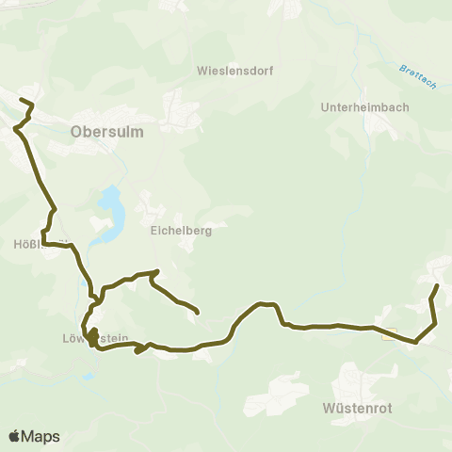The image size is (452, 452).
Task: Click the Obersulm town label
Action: tap(107, 132)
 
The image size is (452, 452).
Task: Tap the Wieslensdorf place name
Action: tap(234, 70)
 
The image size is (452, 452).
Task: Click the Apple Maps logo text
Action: tap(40, 437)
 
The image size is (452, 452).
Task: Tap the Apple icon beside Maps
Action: tap(15, 436)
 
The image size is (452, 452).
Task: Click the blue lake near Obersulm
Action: tap(111, 209)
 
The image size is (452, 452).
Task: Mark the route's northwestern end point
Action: tap(21, 99)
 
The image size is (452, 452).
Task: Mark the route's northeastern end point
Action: tap(438, 283)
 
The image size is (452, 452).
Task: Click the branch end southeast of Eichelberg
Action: tap(197, 312)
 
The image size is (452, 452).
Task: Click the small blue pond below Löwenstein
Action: tap(88, 376)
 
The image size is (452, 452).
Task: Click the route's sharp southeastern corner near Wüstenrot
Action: tap(415, 343)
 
